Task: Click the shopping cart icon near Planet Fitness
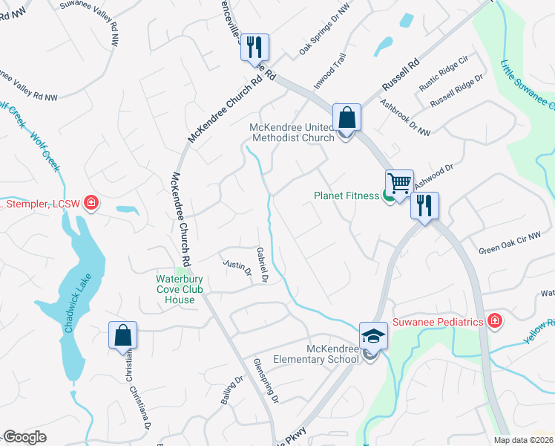click(x=399, y=183)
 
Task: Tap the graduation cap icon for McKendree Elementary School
click(x=372, y=336)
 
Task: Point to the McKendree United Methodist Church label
click(x=292, y=132)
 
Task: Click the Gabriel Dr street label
click(x=261, y=265)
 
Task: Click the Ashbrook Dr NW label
click(x=405, y=117)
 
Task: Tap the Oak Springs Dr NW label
click(x=324, y=36)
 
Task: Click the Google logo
click(x=24, y=437)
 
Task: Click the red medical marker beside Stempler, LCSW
click(x=91, y=202)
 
